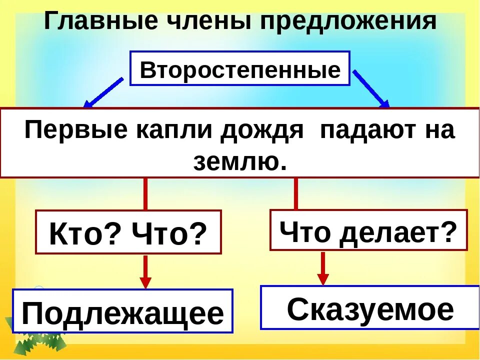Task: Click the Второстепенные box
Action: [x=240, y=69]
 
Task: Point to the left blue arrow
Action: [x=103, y=92]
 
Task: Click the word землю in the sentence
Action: [x=240, y=161]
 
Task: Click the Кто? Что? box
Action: [x=128, y=232]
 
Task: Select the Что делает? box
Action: [x=368, y=230]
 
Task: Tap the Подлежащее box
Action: [x=122, y=312]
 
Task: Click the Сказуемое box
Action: [x=370, y=308]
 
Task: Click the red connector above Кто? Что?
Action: [x=145, y=194]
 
